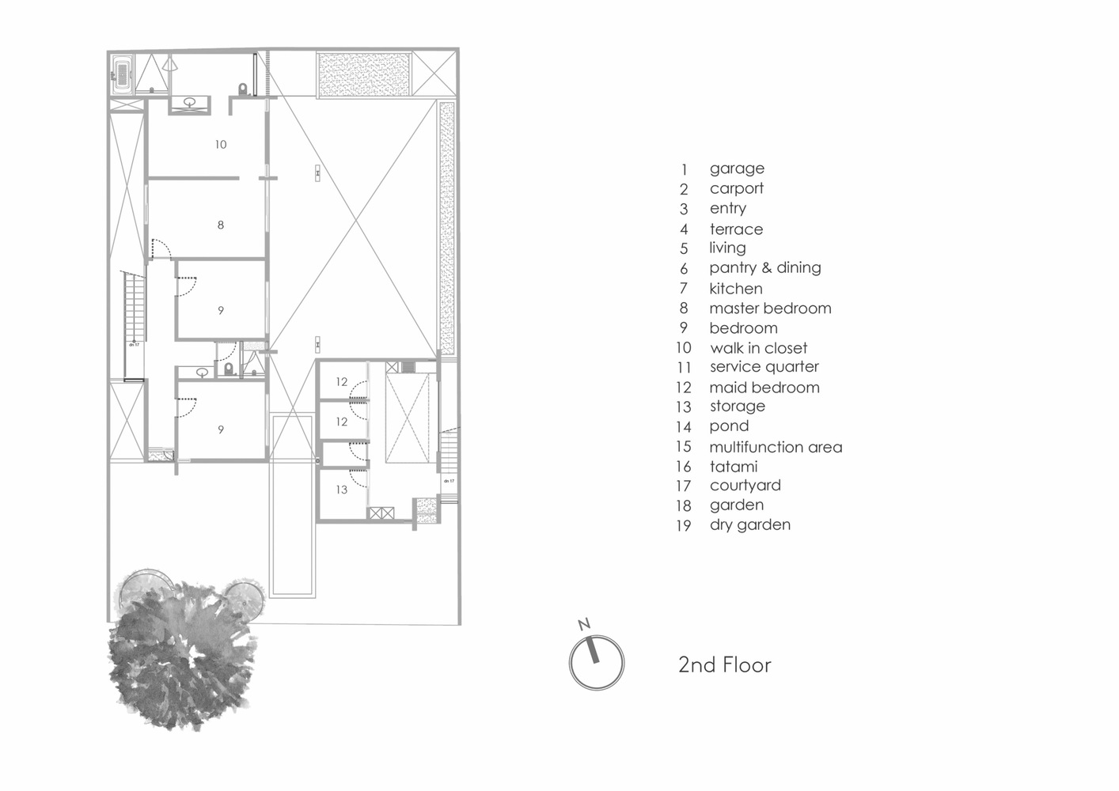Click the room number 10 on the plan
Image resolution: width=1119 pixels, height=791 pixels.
[221, 145]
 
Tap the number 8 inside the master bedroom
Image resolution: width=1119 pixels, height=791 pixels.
[221, 225]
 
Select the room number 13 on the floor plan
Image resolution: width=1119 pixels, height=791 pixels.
[341, 490]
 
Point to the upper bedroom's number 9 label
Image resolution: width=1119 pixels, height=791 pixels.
[221, 311]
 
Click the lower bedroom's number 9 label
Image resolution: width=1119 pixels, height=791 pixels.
[221, 430]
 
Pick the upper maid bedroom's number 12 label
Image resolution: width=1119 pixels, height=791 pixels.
[341, 382]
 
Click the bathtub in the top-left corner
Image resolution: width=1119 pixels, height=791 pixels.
[123, 77]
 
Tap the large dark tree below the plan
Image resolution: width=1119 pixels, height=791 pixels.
[182, 649]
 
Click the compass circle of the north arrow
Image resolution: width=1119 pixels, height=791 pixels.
[597, 663]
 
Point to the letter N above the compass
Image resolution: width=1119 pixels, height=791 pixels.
[585, 625]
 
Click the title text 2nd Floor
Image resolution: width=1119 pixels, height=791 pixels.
[724, 664]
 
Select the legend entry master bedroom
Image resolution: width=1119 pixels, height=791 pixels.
[770, 308]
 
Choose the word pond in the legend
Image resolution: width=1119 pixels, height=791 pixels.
[729, 426]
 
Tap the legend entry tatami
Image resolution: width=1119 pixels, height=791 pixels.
[734, 467]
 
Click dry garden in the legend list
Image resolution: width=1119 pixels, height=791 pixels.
[749, 524]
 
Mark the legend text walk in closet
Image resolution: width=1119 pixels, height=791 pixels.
[758, 348]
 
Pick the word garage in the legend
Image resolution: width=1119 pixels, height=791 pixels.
[737, 168]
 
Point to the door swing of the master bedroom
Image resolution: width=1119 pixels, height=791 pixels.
[161, 248]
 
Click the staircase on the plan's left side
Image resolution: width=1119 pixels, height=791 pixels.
[134, 308]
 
